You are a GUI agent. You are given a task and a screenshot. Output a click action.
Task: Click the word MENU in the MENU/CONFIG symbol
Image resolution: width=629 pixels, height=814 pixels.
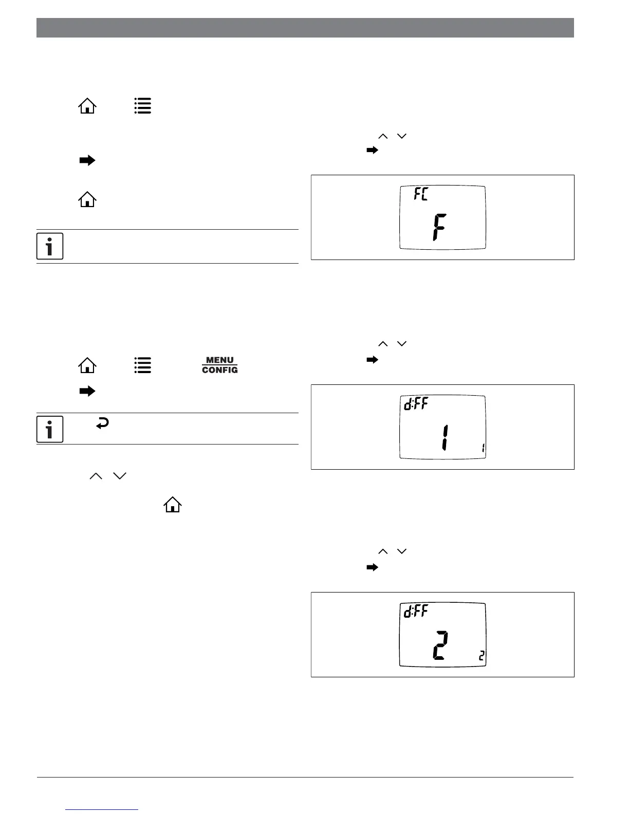pyautogui.click(x=219, y=360)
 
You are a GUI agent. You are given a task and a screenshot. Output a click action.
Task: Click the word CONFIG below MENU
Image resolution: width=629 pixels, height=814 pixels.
pyautogui.click(x=219, y=370)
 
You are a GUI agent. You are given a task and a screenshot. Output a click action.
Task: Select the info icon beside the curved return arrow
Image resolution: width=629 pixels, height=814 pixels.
pyautogui.click(x=50, y=429)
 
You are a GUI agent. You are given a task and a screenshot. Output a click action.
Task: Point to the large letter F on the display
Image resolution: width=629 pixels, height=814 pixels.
pyautogui.click(x=438, y=228)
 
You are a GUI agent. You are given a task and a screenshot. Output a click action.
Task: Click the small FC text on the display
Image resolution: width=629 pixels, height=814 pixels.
pyautogui.click(x=421, y=194)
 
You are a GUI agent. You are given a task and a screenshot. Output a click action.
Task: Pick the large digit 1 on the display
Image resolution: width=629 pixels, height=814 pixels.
pyautogui.click(x=442, y=437)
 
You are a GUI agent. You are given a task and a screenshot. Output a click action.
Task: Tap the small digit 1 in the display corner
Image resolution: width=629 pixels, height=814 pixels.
pyautogui.click(x=483, y=448)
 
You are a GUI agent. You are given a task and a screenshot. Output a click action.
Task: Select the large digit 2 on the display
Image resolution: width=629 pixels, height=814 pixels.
pyautogui.click(x=440, y=645)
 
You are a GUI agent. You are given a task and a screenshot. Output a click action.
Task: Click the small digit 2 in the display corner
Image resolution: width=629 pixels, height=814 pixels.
pyautogui.click(x=482, y=656)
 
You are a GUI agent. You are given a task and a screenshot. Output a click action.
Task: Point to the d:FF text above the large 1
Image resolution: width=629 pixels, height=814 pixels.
pyautogui.click(x=416, y=404)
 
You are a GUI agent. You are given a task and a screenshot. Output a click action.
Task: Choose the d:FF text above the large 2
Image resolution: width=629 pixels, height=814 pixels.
pyautogui.click(x=416, y=611)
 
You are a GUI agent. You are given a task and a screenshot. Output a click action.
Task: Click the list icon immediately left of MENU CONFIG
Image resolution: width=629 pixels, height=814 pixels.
pyautogui.click(x=143, y=365)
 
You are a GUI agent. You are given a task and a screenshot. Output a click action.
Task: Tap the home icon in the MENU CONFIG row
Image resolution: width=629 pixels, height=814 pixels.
pyautogui.click(x=87, y=365)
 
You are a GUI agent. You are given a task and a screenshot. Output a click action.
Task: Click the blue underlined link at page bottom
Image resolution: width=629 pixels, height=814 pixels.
pyautogui.click(x=102, y=809)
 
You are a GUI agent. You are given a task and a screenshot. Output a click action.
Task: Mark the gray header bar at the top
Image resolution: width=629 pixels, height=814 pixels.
pyautogui.click(x=305, y=28)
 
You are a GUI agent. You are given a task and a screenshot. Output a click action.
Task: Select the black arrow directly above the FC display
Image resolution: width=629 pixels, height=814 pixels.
pyautogui.click(x=372, y=151)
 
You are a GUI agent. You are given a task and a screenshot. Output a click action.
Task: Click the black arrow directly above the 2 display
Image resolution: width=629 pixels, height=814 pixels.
pyautogui.click(x=372, y=567)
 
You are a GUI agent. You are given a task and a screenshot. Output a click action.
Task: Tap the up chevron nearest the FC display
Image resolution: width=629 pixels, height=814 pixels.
pyautogui.click(x=383, y=136)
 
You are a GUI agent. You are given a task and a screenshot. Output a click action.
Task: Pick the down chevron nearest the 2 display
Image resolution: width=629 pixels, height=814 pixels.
pyautogui.click(x=402, y=551)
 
